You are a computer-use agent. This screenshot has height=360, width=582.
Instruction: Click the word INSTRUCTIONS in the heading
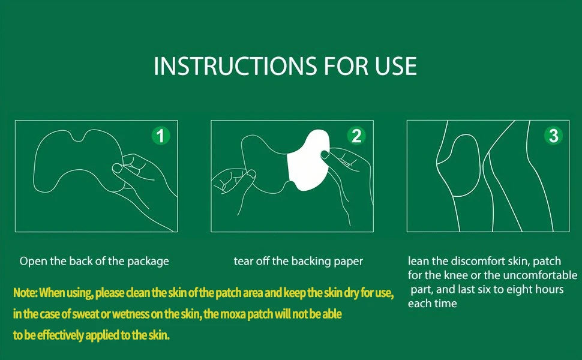[x=235, y=66]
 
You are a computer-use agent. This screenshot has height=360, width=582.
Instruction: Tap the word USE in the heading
[x=395, y=66]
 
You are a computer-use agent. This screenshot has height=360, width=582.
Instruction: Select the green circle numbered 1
[x=161, y=136]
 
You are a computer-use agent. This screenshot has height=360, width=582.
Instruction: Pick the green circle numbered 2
[x=356, y=136]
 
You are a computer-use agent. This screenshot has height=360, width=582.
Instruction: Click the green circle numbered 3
[x=553, y=136]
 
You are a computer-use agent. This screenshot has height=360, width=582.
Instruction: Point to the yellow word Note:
[x=25, y=293]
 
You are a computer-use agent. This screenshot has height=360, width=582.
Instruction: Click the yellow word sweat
[x=86, y=314]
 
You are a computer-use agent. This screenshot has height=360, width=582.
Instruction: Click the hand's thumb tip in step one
[x=117, y=168]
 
